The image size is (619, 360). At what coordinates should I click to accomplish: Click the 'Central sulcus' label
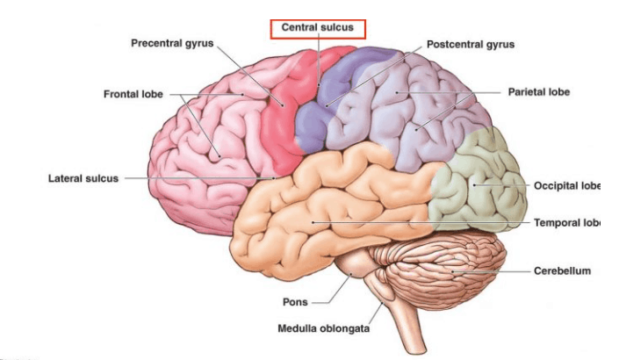pyautogui.click(x=317, y=27)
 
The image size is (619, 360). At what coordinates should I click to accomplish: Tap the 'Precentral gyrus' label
pyautogui.click(x=171, y=42)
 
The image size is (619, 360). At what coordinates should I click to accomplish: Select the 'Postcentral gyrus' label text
pyautogui.click(x=471, y=44)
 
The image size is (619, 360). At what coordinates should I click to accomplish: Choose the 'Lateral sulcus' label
pyautogui.click(x=83, y=178)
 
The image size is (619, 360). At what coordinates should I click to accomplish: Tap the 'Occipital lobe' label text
pyautogui.click(x=566, y=185)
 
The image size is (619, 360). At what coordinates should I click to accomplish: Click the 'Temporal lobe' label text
pyautogui.click(x=566, y=223)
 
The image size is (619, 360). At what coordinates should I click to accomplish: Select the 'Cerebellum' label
pyautogui.click(x=562, y=271)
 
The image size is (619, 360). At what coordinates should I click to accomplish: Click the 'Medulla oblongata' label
pyautogui.click(x=323, y=329)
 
